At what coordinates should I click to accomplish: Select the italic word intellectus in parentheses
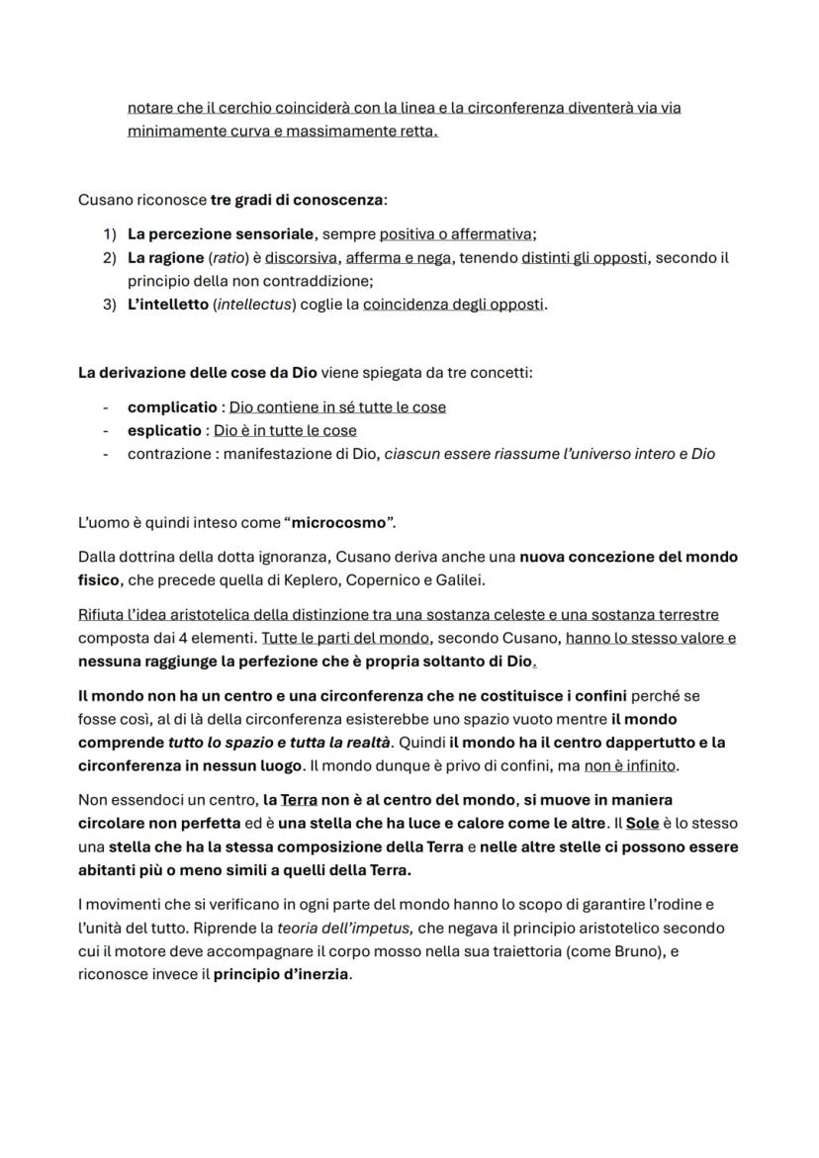[x=251, y=305]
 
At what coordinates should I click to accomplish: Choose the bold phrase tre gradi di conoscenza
[x=297, y=200]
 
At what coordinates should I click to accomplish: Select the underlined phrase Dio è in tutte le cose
[x=285, y=431]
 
